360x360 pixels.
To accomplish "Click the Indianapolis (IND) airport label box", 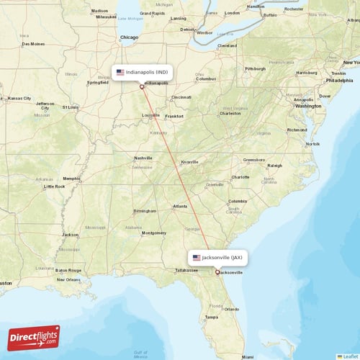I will click(x=143, y=72).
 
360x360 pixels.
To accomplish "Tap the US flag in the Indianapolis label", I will click(x=120, y=72).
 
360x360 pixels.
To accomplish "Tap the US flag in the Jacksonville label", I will click(x=196, y=257).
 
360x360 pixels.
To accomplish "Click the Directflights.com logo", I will click(x=34, y=336).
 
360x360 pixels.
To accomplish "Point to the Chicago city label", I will click(x=129, y=37).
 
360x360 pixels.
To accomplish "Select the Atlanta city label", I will click(x=180, y=207).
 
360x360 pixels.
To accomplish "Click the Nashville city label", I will click(x=143, y=158).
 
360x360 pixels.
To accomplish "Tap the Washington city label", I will click(x=307, y=106).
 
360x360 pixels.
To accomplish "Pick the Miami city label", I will click(x=247, y=356).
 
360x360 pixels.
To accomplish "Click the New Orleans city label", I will click(x=69, y=279).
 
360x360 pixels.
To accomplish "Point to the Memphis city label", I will click(x=71, y=179).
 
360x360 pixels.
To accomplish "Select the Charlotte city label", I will click(x=240, y=177).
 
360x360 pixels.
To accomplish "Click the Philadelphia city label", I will click(x=338, y=81).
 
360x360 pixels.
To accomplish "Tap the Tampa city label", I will click(x=211, y=317).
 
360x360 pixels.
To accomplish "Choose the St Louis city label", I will click(x=71, y=107).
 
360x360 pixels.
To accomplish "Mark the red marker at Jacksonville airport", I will click(x=217, y=272).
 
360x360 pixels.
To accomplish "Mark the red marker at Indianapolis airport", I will click(x=143, y=86).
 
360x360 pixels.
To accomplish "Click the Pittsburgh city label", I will click(x=255, y=69).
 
